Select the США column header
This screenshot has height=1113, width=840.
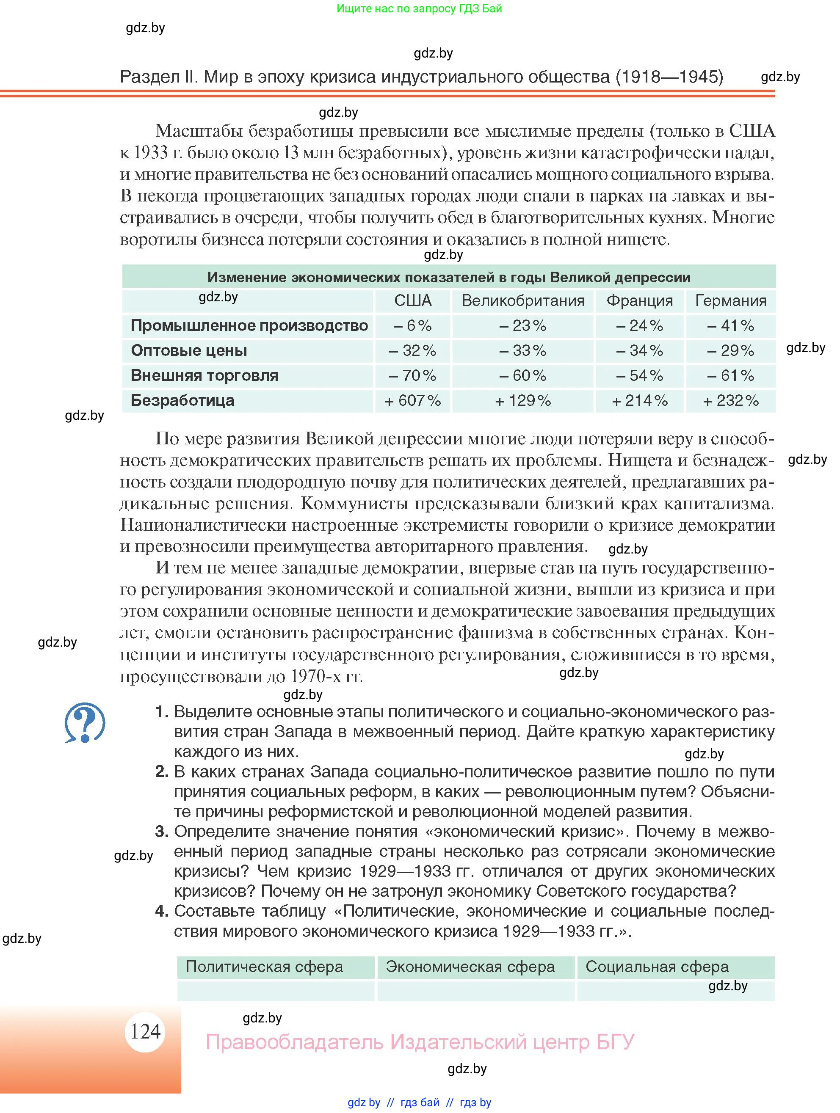pos(412,300)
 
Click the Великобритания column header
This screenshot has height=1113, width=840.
pos(522,300)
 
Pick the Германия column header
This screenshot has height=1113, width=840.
pos(730,300)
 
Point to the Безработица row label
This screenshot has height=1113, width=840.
pos(182,400)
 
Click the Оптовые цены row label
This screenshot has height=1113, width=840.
pos(189,350)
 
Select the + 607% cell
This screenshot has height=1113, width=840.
pos(412,400)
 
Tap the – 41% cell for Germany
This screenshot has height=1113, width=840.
pos(730,325)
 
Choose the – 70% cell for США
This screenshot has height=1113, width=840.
pos(412,375)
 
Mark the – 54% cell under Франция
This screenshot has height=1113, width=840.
pos(639,375)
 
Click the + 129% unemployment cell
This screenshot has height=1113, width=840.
pos(522,400)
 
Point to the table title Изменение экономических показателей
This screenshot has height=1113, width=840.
pos(448,277)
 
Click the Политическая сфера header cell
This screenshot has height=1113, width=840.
pos(264,967)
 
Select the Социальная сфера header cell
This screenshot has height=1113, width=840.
pos(657,967)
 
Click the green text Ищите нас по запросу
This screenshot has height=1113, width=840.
pos(419,8)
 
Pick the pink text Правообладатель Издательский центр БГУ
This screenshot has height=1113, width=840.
pos(420,1041)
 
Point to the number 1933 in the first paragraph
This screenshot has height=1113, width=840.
pos(151,152)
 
